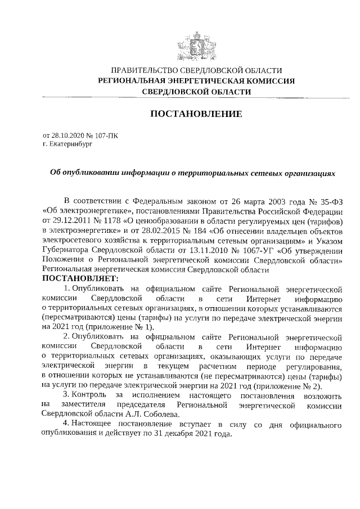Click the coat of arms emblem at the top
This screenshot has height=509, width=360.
pyautogui.click(x=196, y=44)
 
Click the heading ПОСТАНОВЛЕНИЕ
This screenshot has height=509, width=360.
pyautogui.click(x=196, y=114)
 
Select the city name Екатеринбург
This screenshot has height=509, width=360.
pyautogui.click(x=70, y=144)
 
